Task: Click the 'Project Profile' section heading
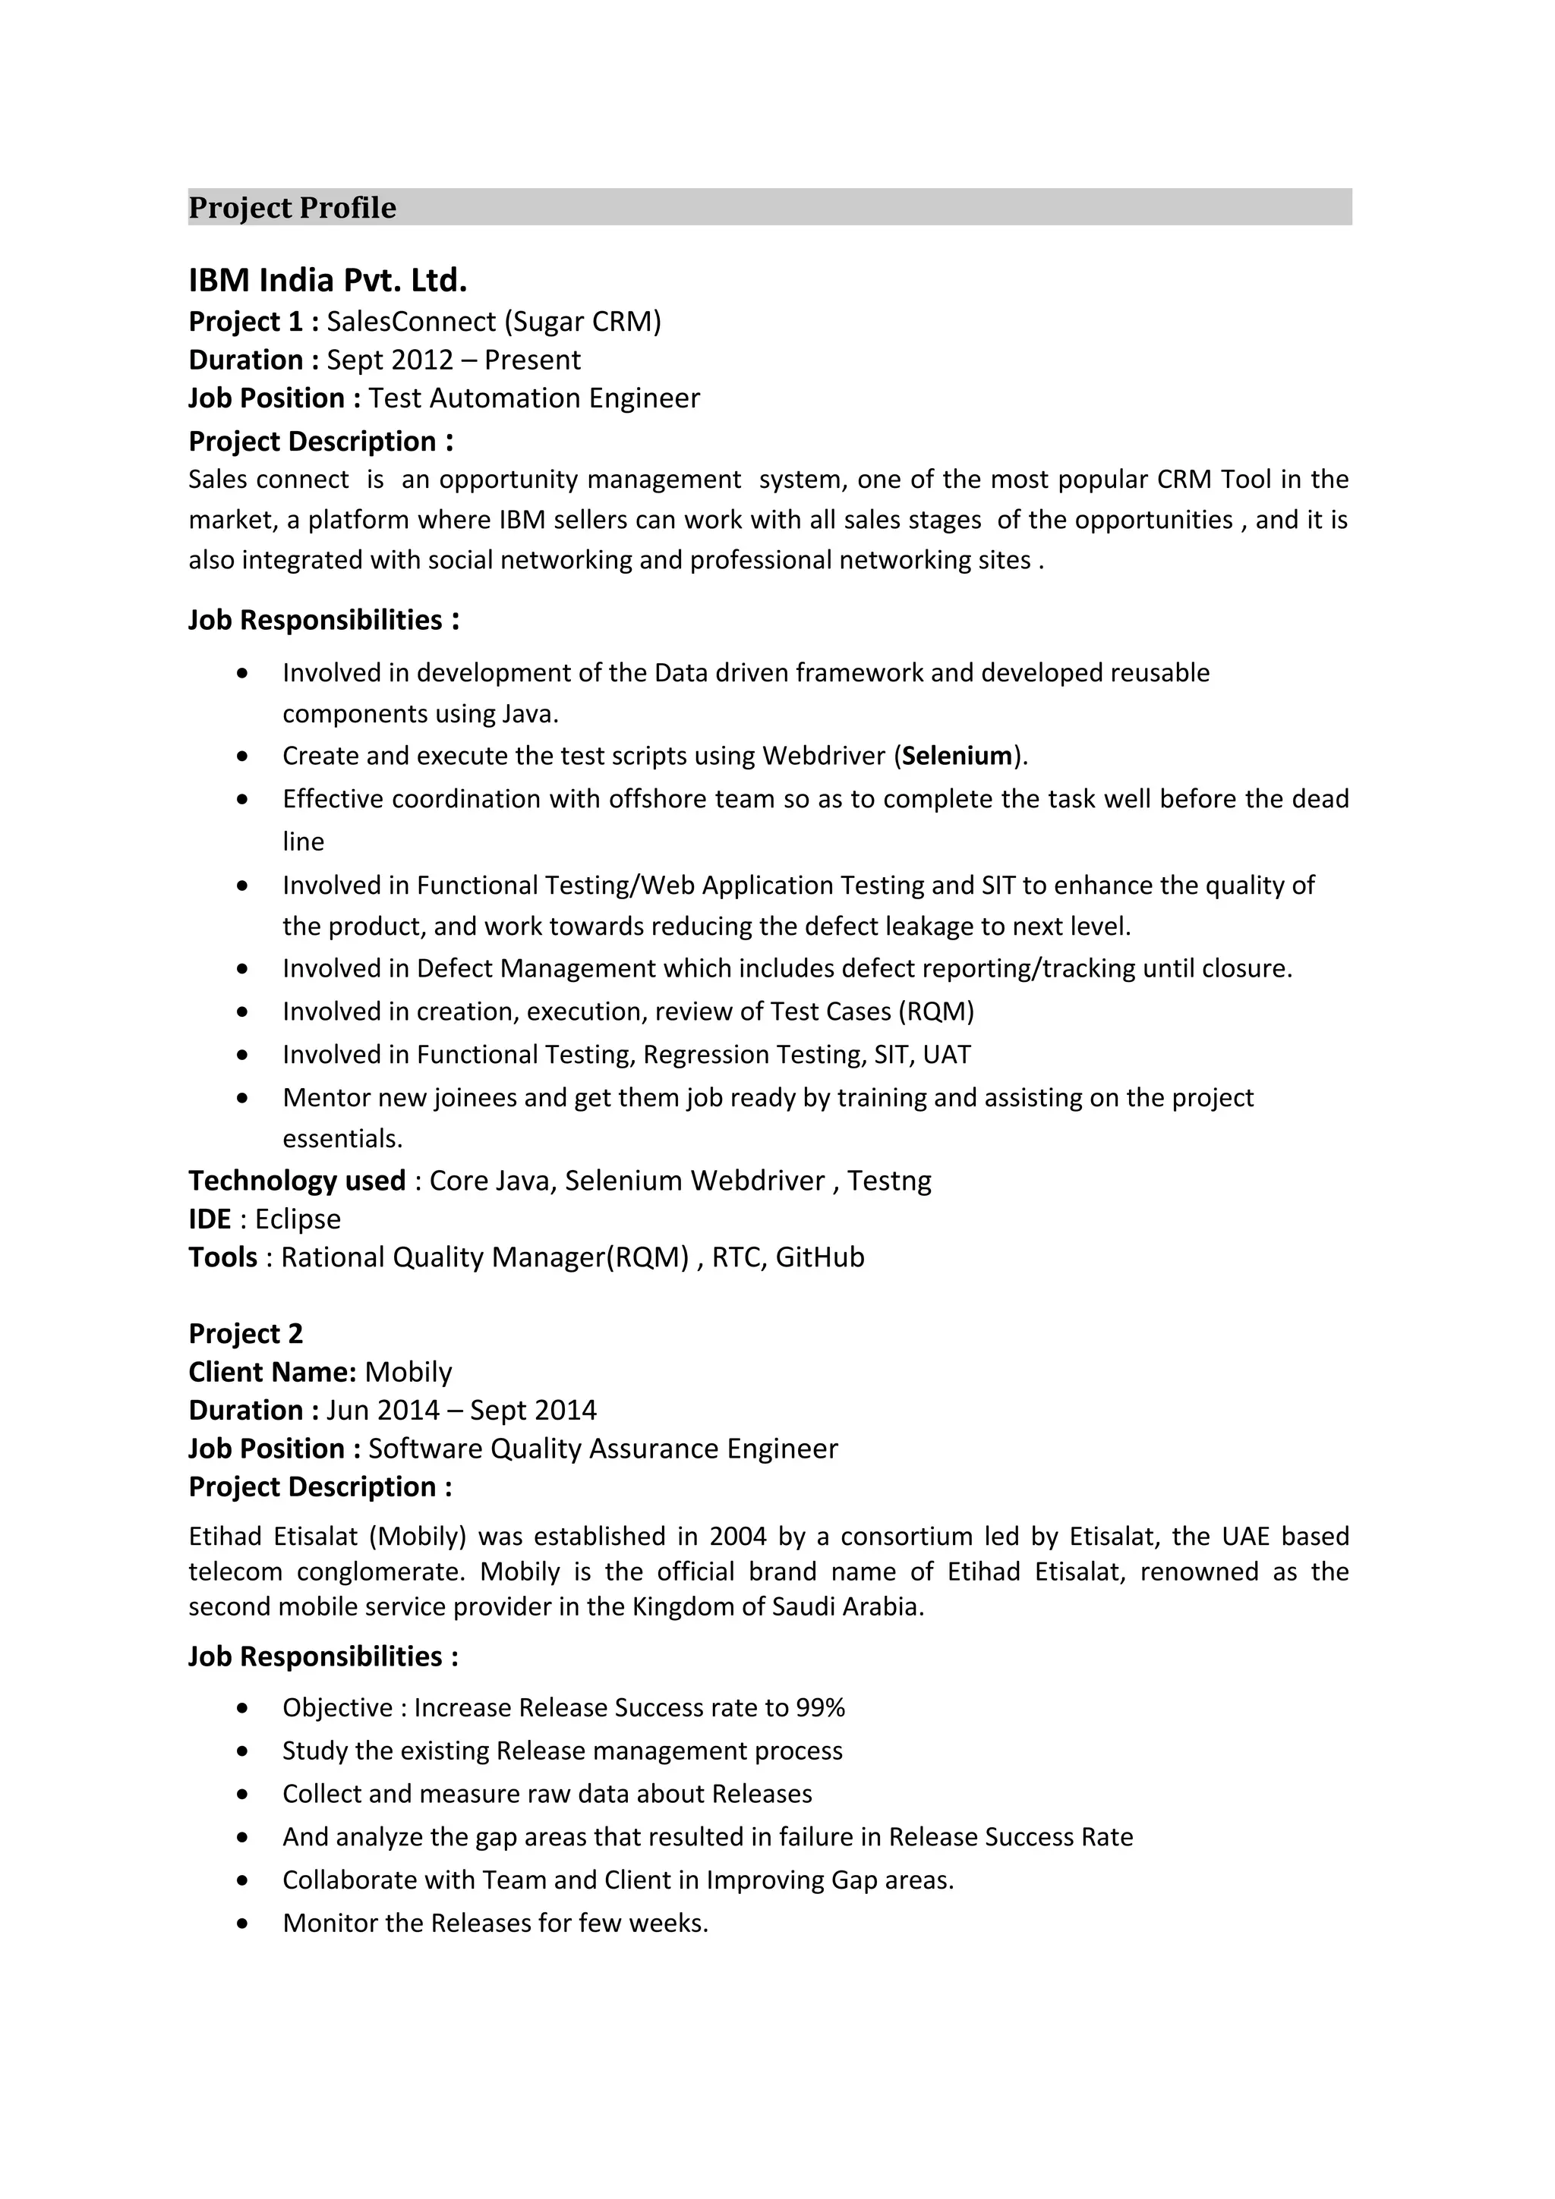292,208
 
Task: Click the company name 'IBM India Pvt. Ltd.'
328,281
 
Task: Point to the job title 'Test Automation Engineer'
534,398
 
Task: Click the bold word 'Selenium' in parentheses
957,757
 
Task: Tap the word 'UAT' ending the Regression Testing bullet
947,1055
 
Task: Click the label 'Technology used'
297,1181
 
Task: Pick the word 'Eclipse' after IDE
298,1219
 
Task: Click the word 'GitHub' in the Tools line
819,1257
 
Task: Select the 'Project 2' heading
245,1334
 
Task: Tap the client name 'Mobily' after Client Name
408,1373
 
